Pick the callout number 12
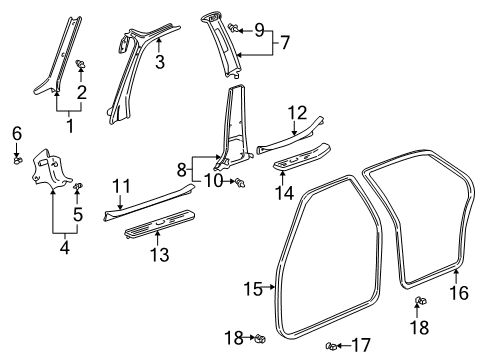point(295,114)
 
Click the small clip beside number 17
point(330,346)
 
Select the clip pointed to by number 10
point(241,182)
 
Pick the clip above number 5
point(78,186)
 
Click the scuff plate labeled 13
point(158,227)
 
